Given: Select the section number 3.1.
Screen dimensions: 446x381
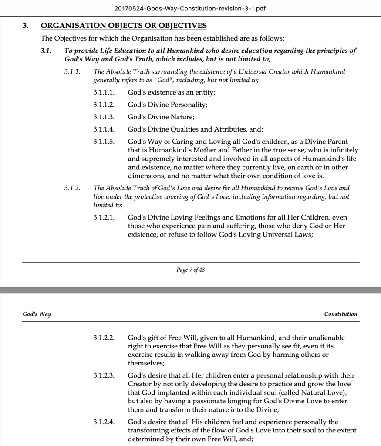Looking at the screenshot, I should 46,51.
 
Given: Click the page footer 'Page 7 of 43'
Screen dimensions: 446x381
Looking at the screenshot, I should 190,270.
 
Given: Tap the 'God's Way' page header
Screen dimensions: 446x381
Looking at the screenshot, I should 37,314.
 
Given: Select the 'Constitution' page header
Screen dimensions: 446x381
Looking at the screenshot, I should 341,314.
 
